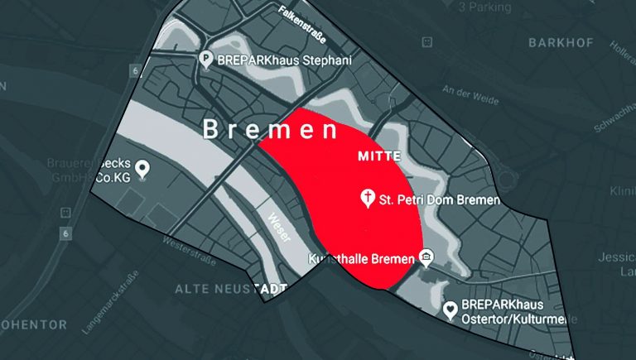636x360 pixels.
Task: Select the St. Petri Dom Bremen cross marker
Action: click(x=367, y=199)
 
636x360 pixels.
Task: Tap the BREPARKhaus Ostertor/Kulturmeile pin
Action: click(x=450, y=310)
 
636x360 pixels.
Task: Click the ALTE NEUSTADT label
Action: click(x=230, y=288)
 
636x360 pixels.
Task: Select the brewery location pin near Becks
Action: click(x=143, y=170)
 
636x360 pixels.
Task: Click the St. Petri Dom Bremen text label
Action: click(x=440, y=200)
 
